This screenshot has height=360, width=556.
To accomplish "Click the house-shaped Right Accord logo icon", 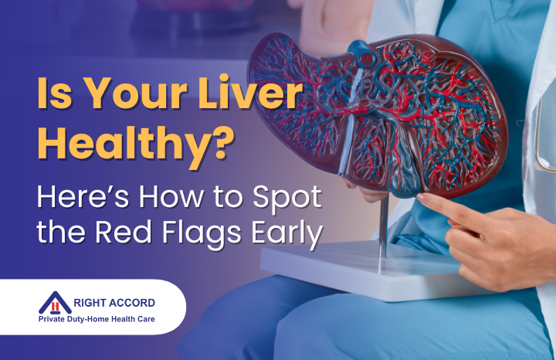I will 55,302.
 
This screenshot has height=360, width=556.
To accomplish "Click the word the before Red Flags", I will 63,234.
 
